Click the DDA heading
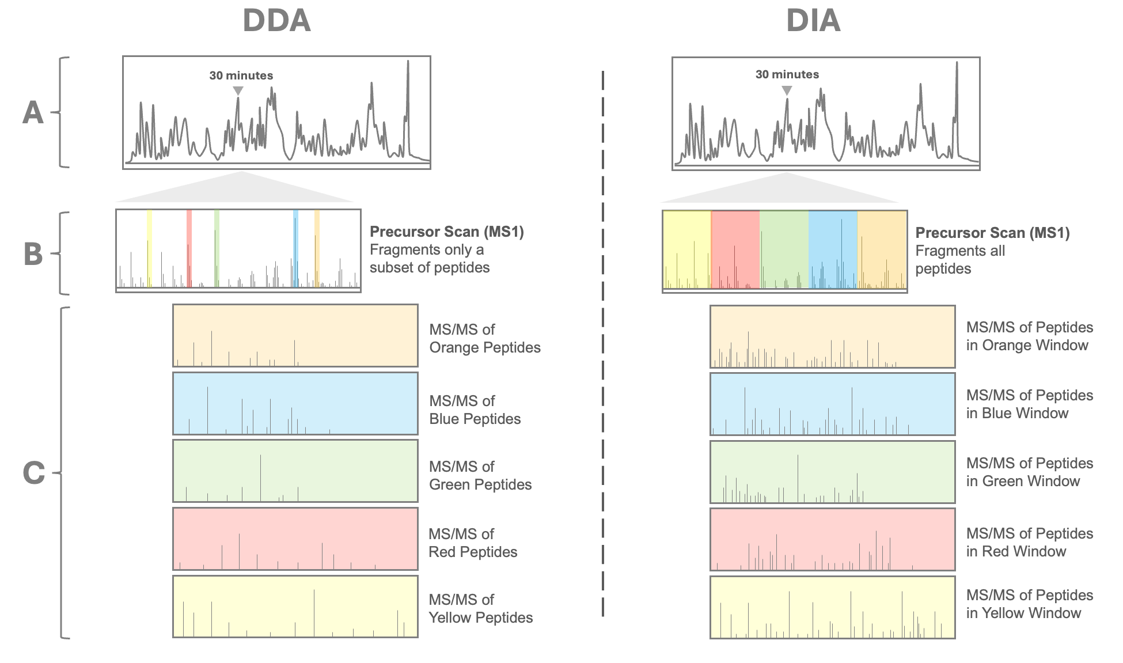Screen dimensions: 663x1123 [x=276, y=21]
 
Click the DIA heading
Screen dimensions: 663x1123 [x=813, y=21]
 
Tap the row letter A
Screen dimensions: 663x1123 [x=33, y=112]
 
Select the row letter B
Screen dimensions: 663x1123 [x=33, y=253]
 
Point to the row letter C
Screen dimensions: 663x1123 [x=33, y=473]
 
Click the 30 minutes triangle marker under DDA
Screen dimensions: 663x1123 [x=238, y=91]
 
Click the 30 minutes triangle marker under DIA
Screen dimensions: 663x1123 [x=787, y=90]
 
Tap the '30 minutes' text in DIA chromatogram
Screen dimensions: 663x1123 [x=787, y=74]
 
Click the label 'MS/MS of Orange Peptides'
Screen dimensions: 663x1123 [x=484, y=338]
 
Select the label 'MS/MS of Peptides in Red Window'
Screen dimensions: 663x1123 [x=1029, y=542]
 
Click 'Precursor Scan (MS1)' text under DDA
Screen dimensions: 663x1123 [x=446, y=232]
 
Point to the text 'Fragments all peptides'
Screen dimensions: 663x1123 [x=959, y=260]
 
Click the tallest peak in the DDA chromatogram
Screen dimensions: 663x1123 [x=408, y=63]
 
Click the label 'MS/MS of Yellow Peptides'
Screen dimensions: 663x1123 [x=480, y=608]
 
